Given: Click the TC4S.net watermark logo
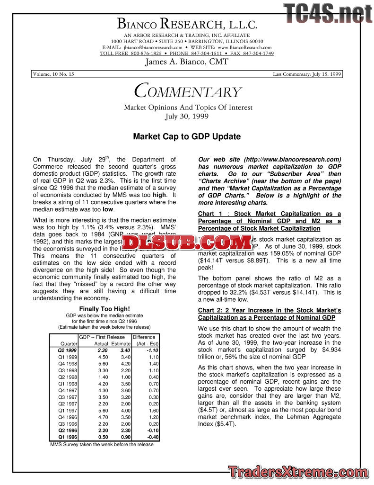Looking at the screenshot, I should pos(328,13).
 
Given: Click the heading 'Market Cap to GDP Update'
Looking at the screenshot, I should pos(187,137).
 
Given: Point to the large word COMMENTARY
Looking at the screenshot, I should pos(188,91).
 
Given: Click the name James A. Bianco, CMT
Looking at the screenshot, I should pos(187,62).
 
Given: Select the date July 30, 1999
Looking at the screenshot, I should pos(187,116).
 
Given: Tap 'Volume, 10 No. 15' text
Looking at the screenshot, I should pos(53,74).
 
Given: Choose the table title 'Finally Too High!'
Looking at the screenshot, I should pos(104,309).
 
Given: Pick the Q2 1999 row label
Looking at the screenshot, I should pos(68,350).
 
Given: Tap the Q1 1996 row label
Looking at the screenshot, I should pos(68,437).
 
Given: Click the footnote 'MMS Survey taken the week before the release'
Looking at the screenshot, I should pos(102,444).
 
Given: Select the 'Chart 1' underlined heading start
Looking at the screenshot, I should pos(210,214).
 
